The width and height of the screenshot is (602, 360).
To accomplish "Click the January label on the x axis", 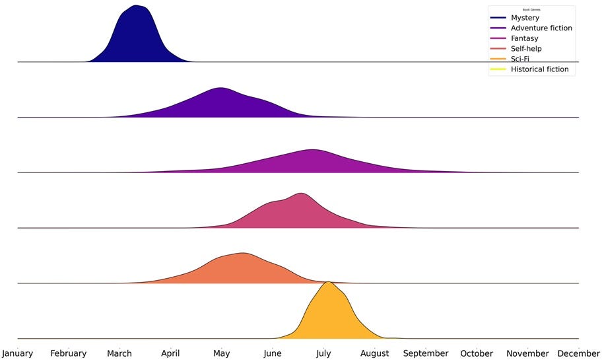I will (18, 353).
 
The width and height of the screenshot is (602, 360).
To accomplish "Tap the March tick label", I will (119, 353).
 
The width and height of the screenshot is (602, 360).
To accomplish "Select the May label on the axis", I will (222, 353).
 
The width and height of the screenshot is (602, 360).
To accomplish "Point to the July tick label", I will (323, 353).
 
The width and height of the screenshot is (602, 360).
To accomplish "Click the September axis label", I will (426, 353).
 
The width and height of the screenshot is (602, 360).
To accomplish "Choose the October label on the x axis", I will (477, 353).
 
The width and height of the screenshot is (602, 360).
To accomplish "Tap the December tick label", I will (578, 353).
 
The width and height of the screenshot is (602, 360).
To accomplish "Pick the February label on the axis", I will (69, 353).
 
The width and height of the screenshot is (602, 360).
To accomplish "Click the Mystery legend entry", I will (525, 18).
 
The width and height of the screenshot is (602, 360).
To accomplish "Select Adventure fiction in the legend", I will (541, 28).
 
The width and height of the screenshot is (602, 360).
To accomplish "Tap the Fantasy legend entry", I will (524, 38).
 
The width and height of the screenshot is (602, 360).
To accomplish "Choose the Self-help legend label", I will (526, 49).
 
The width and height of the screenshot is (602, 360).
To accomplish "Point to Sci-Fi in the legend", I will (520, 59).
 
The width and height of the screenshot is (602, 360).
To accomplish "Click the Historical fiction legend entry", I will (539, 69).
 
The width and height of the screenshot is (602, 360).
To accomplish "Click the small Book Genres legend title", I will (531, 10).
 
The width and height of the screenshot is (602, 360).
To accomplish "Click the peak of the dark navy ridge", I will (136, 6).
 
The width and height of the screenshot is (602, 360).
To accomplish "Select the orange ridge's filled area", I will (238, 271).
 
